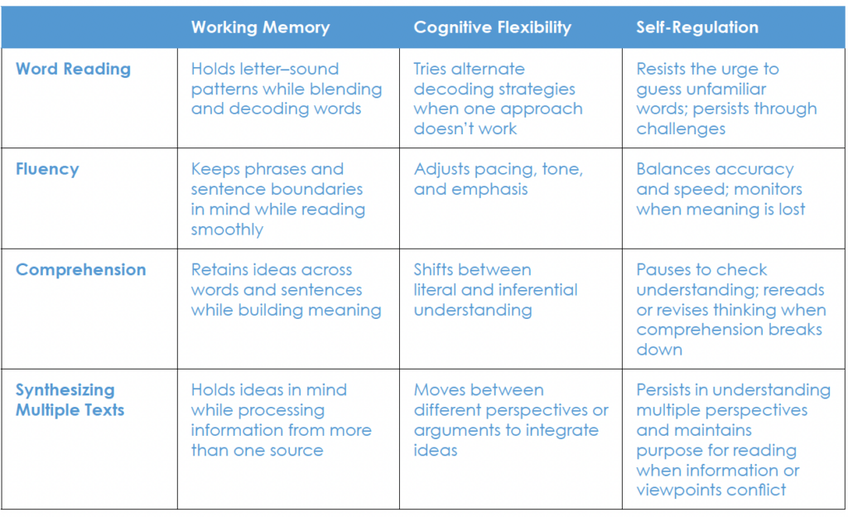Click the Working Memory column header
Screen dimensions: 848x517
(x=260, y=27)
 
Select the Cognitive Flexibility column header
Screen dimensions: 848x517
(x=492, y=27)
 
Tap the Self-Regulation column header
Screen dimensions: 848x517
(x=697, y=27)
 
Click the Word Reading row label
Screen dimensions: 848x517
(x=73, y=70)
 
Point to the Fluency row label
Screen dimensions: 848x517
(x=47, y=170)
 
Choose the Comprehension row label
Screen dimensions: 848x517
(x=81, y=270)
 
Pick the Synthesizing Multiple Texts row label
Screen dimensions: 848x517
(x=70, y=399)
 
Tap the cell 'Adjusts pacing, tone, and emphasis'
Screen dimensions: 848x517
(x=498, y=179)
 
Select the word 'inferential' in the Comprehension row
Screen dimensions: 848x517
(x=542, y=290)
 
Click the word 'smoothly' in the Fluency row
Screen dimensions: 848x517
(x=227, y=230)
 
